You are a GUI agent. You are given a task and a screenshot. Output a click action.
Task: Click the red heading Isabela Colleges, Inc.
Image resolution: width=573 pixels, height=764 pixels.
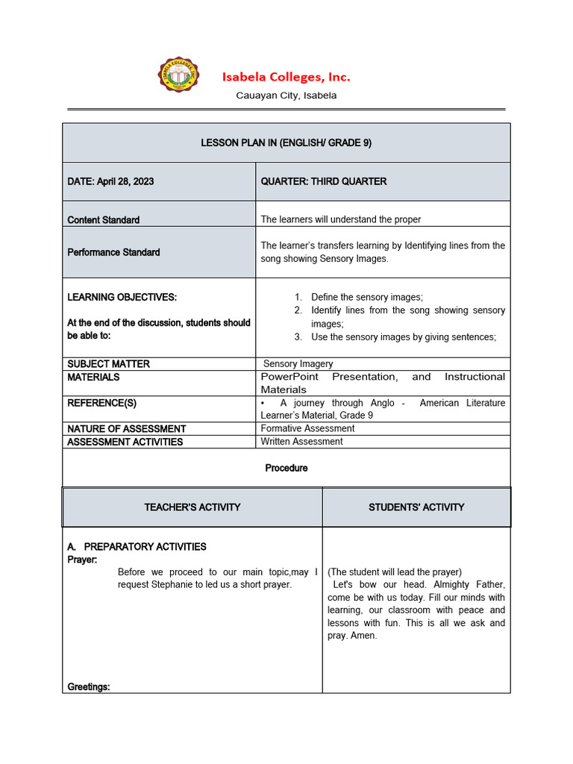(x=286, y=77)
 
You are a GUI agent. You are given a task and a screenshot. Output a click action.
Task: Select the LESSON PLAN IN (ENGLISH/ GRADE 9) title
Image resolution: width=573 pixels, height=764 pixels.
(x=286, y=143)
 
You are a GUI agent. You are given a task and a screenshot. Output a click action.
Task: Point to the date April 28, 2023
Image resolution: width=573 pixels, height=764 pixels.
(x=125, y=181)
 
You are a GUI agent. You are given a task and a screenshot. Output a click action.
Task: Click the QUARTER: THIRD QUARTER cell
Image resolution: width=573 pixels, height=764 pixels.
(x=324, y=181)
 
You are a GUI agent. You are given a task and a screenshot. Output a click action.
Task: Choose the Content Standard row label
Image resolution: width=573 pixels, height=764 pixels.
(x=103, y=220)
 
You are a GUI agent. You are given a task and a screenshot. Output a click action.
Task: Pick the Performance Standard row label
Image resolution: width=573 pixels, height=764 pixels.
(x=113, y=252)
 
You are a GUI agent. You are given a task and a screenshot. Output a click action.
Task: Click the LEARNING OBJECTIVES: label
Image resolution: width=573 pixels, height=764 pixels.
(x=122, y=297)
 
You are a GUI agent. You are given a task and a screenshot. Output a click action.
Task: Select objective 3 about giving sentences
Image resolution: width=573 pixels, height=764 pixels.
(x=404, y=336)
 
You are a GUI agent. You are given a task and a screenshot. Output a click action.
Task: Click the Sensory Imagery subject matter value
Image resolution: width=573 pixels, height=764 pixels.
(x=298, y=364)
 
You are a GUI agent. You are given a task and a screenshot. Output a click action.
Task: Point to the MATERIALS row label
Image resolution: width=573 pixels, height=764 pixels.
(x=93, y=377)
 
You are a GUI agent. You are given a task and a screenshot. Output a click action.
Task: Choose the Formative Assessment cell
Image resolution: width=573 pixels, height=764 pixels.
(x=307, y=428)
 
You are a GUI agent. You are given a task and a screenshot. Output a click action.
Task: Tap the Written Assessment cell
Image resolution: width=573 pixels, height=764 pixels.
(x=301, y=442)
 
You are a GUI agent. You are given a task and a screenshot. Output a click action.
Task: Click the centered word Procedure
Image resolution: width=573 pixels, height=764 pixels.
(x=286, y=468)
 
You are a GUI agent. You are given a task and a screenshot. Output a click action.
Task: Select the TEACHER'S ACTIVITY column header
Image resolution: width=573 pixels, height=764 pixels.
(x=192, y=507)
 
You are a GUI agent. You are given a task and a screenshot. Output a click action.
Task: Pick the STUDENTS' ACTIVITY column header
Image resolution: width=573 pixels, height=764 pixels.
(x=416, y=507)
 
